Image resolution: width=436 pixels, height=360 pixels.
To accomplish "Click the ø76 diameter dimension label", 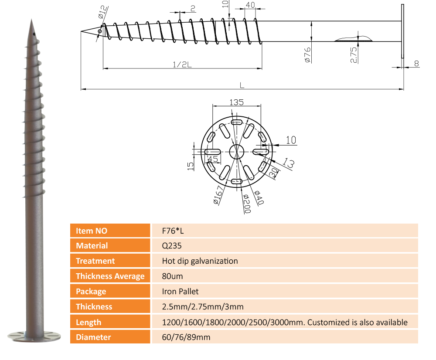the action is (307, 55).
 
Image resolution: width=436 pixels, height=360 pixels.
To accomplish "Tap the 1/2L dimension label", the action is (182, 65).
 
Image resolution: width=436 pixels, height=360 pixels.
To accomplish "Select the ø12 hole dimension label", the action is (102, 12).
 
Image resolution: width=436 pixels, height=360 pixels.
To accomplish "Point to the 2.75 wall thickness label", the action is (354, 55).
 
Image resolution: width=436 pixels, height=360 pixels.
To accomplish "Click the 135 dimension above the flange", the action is (236, 102).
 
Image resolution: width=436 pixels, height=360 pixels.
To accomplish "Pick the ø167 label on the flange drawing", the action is (218, 195).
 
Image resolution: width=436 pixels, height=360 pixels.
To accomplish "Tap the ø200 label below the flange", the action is (247, 204).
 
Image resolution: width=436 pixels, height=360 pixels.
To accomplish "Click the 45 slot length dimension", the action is (213, 159).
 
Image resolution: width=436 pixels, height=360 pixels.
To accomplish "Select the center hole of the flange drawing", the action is (237, 152).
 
